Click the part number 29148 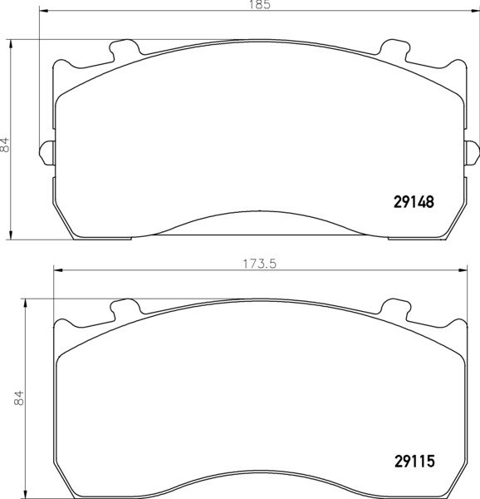(x=414, y=202)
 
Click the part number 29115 (x=414, y=461)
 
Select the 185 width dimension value (x=260, y=4)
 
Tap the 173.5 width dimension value (x=260, y=264)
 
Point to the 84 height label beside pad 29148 (x=5, y=145)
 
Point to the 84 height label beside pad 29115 (x=19, y=398)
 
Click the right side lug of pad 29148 (x=472, y=153)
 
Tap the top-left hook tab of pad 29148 (x=125, y=50)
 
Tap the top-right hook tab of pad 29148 (x=394, y=50)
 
